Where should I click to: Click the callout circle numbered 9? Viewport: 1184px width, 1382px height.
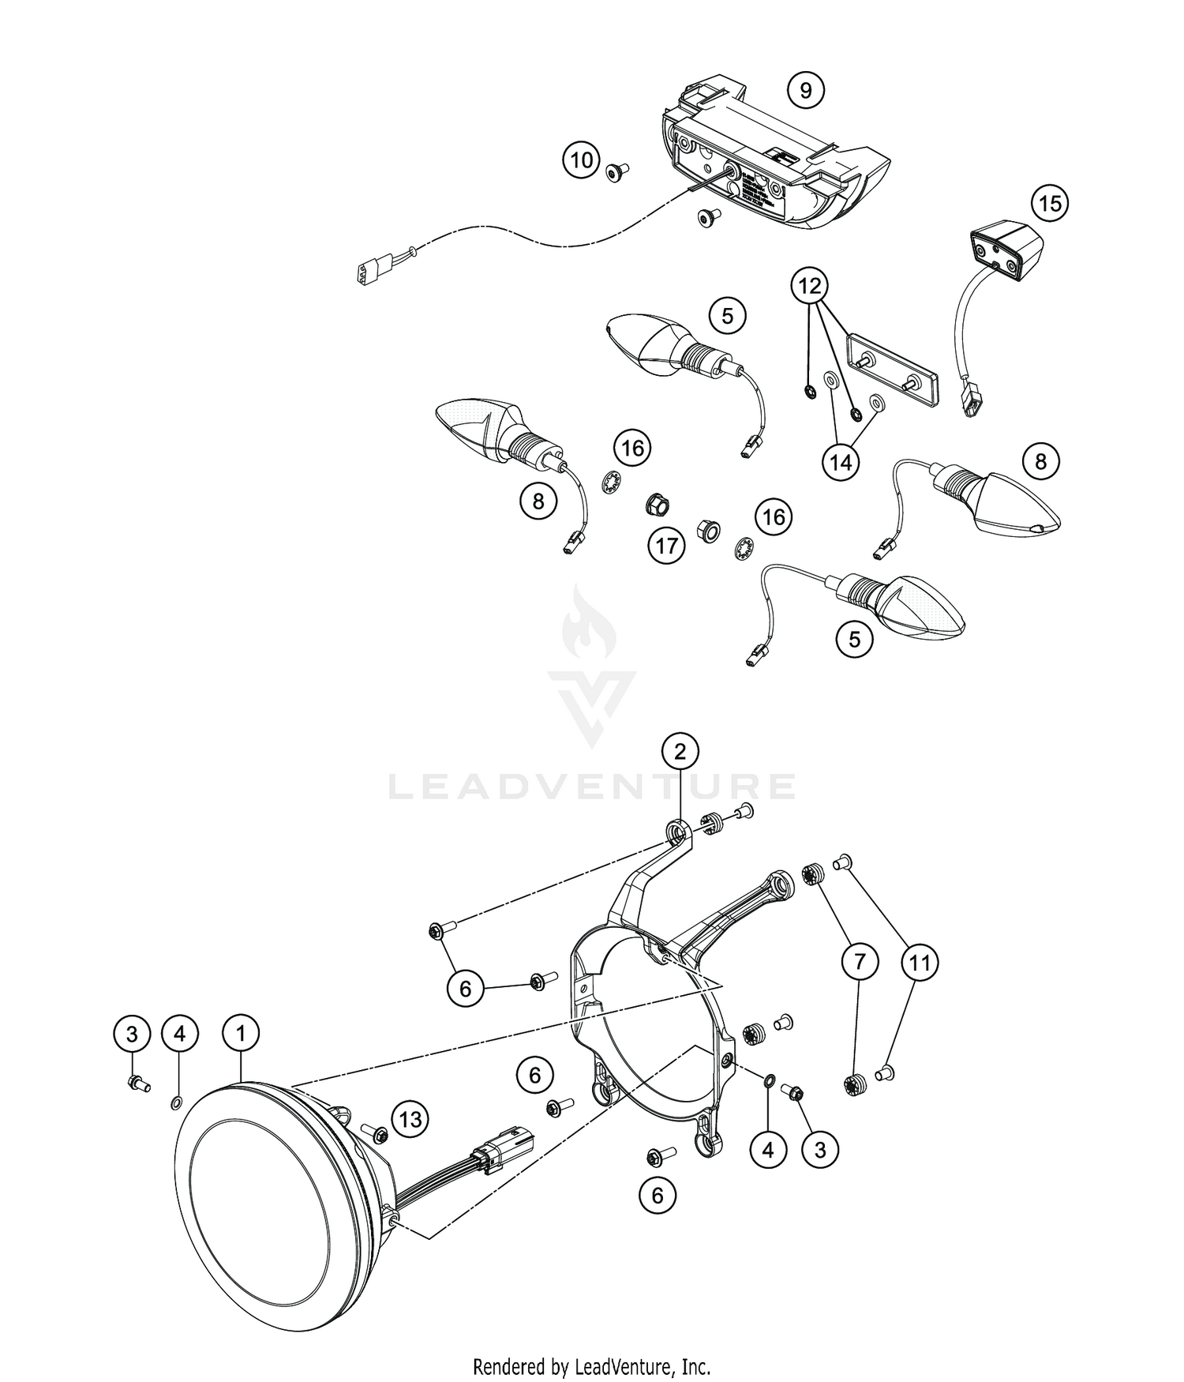coord(805,90)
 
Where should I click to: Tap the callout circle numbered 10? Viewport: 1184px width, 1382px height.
coord(581,160)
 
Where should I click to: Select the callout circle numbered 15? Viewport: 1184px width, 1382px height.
coord(1050,204)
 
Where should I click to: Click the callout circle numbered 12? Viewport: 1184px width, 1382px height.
coord(811,286)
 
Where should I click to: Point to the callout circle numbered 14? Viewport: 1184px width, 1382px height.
coord(841,462)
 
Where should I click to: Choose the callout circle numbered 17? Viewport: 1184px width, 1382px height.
coord(667,546)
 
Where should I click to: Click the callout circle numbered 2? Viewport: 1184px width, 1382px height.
coord(680,751)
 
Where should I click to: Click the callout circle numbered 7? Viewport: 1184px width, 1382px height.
coord(860,962)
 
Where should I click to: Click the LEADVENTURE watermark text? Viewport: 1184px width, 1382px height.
coord(592,787)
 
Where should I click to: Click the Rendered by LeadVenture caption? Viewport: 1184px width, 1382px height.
coord(592,1365)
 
